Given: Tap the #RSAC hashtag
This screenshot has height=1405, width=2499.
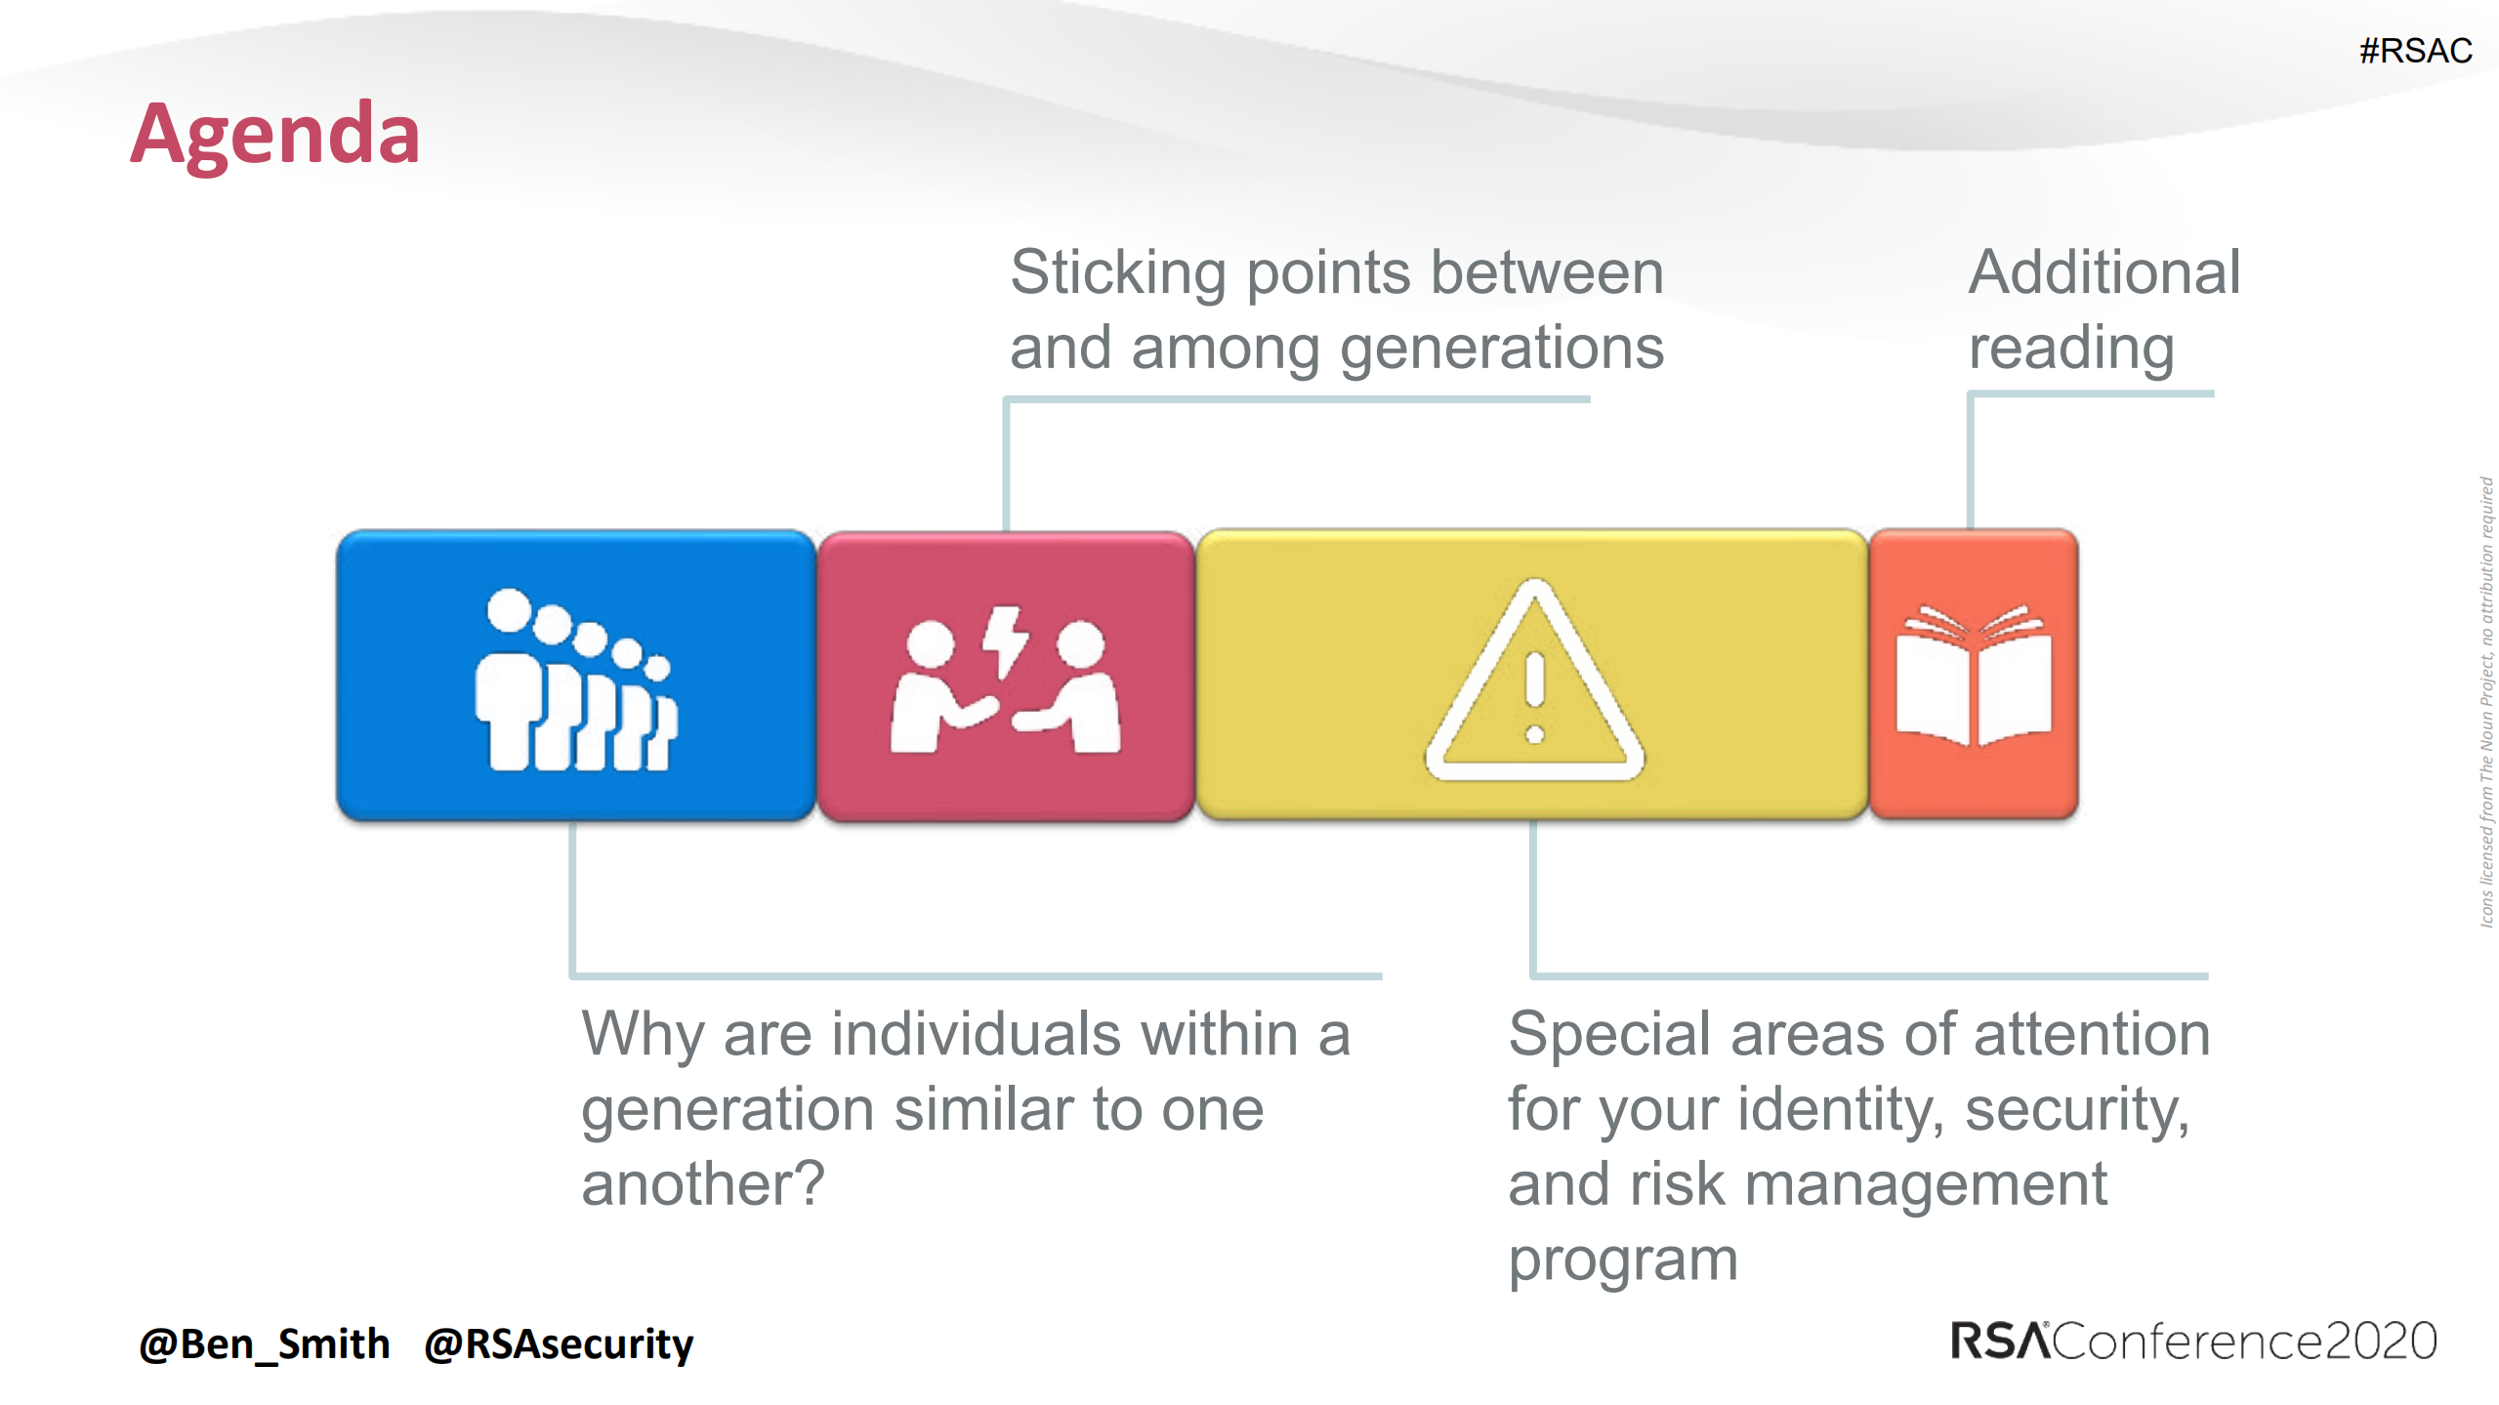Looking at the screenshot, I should pos(2415,51).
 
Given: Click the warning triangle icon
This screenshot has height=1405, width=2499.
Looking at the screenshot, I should pos(1534,682).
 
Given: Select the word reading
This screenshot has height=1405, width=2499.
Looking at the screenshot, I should pos(2070,349).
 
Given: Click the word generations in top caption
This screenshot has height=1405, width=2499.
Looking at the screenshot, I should pos(1501,349).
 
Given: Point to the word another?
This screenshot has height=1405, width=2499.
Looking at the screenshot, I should pos(703,1184).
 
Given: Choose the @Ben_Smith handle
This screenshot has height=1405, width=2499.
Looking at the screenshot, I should pos(265,1344).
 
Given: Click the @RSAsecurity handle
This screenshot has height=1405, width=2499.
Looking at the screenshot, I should pos(559,1344).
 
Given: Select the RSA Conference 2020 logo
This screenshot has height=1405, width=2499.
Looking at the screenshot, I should pos(2192,1341).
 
